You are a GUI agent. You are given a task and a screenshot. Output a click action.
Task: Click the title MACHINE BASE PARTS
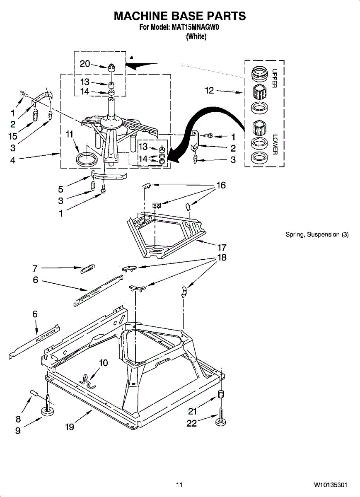point(180,16)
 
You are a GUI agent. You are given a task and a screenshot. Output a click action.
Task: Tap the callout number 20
point(85,63)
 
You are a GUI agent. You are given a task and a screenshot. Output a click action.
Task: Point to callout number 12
point(210,90)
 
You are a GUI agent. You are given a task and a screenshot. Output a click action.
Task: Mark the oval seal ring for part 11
point(86,158)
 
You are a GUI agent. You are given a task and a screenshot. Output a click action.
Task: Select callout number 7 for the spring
point(35,268)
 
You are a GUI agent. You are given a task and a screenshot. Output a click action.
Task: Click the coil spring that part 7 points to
point(87,269)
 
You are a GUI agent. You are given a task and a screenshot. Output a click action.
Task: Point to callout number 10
point(103,363)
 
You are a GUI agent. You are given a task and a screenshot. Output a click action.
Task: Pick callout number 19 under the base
point(70,427)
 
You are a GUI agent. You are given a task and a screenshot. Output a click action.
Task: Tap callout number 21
point(192,411)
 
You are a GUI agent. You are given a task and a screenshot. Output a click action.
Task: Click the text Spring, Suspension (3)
point(317,234)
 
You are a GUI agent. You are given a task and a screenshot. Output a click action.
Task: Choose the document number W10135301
point(330,485)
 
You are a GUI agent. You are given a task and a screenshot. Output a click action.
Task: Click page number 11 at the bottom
point(179,485)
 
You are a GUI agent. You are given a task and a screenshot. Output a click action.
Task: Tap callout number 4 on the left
point(13,160)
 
